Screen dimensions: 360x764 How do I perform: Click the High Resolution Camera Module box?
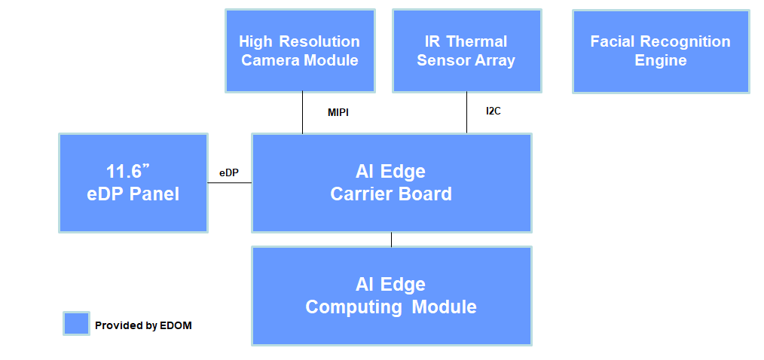(x=300, y=50)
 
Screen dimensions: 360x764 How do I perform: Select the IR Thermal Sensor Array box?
(x=466, y=50)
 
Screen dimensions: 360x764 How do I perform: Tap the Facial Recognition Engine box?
(x=661, y=50)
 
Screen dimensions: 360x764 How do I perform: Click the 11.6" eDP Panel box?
(x=133, y=182)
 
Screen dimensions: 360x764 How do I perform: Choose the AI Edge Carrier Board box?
(x=391, y=182)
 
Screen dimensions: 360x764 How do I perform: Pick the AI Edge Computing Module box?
(x=391, y=295)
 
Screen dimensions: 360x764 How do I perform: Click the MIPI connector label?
(x=338, y=113)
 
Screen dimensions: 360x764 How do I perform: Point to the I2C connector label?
(x=494, y=111)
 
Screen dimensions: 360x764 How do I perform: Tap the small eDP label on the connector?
(x=229, y=172)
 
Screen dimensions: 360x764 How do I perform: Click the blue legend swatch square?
(x=77, y=324)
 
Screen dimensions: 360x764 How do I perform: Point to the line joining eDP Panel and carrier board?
(x=229, y=183)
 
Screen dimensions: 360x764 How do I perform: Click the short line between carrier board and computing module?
(x=391, y=239)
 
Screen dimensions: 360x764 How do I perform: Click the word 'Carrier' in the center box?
(x=360, y=194)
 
